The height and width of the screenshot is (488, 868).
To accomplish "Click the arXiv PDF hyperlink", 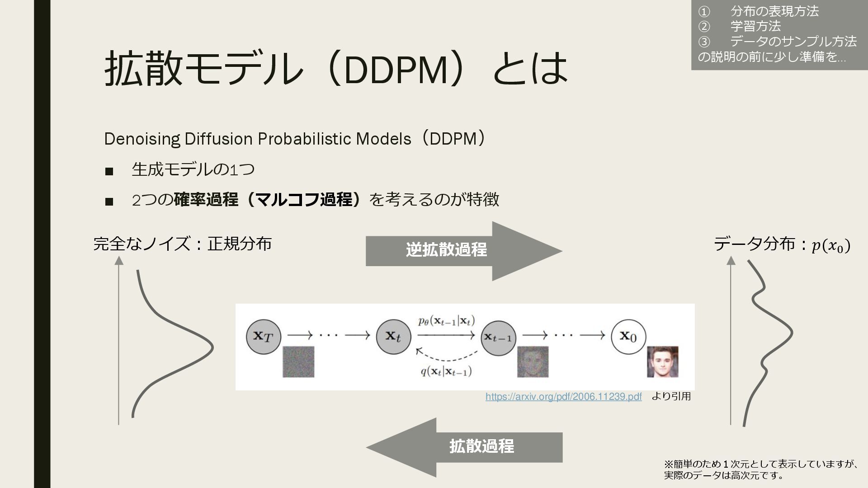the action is click(563, 397).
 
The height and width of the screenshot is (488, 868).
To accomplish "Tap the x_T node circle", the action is click(264, 336).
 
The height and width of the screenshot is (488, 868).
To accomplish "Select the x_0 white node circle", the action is click(628, 336).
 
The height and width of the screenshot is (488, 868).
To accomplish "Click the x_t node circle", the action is click(393, 336).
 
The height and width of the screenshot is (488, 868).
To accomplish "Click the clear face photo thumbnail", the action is click(662, 361).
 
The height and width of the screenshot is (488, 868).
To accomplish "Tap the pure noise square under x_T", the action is click(298, 361).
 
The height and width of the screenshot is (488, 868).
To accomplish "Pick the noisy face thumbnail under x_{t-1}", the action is click(533, 361).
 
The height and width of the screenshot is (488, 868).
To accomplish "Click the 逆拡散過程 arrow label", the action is click(446, 250).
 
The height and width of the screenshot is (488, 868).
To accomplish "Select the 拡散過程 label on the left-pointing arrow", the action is click(481, 446).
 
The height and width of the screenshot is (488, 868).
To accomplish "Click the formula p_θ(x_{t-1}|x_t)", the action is click(446, 321).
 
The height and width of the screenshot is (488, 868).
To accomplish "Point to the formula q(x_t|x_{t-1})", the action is click(446, 371).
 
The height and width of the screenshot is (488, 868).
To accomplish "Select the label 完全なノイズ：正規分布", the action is click(182, 244).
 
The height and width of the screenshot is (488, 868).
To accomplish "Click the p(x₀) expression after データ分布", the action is click(831, 246).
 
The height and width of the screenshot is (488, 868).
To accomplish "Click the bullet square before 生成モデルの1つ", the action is click(108, 171).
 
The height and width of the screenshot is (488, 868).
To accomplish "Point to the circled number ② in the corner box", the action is click(704, 26).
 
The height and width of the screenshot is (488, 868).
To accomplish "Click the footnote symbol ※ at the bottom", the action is click(668, 464).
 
